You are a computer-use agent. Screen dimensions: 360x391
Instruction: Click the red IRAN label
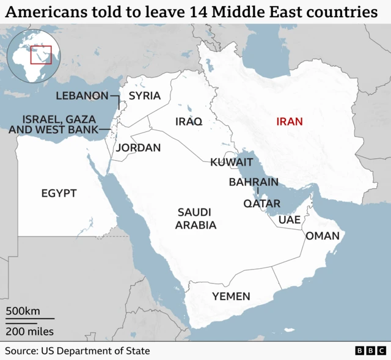point(290,122)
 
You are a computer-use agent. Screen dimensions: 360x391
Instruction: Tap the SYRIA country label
point(145,96)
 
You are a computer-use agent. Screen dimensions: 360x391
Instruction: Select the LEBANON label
point(82,95)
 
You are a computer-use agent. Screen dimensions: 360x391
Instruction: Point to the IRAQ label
point(188,122)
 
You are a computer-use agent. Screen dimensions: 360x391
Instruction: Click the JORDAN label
point(139,148)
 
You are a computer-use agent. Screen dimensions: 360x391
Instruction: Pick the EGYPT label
point(59,194)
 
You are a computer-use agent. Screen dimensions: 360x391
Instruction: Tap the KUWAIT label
point(232,163)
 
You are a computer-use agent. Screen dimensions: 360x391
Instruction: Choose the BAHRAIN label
point(254,182)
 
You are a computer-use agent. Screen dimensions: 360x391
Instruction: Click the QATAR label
point(262,204)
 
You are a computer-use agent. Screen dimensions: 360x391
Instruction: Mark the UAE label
point(288,220)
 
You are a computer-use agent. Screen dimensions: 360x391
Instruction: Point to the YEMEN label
point(231,296)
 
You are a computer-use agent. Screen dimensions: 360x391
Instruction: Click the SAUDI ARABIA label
point(195,219)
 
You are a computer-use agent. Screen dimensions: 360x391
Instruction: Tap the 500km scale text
point(23,311)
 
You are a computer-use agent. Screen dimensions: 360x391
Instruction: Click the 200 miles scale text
point(30,332)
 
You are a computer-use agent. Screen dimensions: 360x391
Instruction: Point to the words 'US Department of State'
point(95,351)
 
